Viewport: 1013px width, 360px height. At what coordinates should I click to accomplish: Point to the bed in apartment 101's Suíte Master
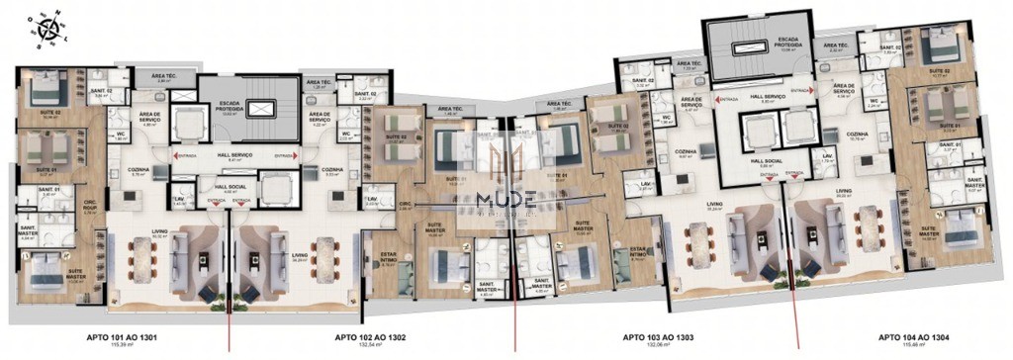[x=46, y=272]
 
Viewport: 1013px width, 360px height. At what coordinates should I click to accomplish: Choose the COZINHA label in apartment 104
[x=857, y=134]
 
